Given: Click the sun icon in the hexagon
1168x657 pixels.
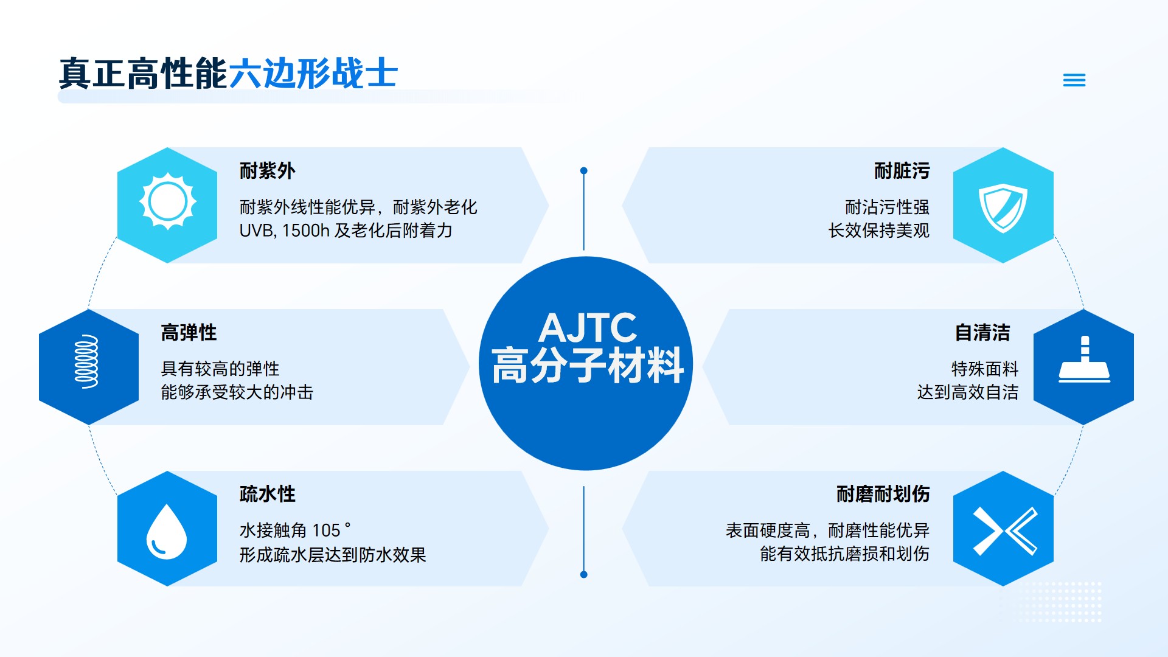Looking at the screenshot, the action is click(x=167, y=202).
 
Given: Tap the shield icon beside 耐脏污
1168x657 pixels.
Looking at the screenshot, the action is click(x=1003, y=208).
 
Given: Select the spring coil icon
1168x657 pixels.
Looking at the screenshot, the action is click(x=86, y=361).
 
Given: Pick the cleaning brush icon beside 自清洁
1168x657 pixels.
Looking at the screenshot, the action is click(x=1084, y=360).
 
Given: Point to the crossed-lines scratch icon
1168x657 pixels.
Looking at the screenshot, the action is click(x=1005, y=531).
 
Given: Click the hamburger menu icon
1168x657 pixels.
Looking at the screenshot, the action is click(x=1074, y=80).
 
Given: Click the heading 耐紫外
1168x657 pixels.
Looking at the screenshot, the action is click(x=268, y=171).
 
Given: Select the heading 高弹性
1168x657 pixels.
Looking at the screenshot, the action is click(x=189, y=333).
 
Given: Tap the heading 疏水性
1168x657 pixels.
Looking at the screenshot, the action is click(x=268, y=494).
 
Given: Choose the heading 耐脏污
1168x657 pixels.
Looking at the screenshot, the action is click(x=902, y=171).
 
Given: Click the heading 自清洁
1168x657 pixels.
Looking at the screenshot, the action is click(x=982, y=333).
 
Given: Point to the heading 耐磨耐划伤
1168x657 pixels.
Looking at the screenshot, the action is click(x=883, y=494).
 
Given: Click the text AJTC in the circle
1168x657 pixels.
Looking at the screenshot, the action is click(x=588, y=328).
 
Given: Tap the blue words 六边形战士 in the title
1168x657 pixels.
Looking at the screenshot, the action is click(x=313, y=74).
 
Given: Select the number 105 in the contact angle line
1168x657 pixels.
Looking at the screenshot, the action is click(x=326, y=530).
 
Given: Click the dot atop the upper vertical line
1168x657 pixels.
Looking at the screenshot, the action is click(x=584, y=171).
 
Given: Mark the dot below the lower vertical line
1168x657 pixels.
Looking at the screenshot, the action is click(x=584, y=574).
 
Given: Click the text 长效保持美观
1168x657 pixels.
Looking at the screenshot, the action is click(x=878, y=231).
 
